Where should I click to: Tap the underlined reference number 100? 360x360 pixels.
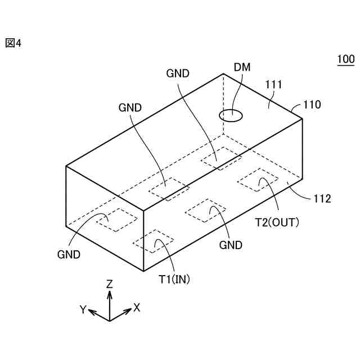click(345, 59)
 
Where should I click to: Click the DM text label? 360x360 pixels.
click(242, 67)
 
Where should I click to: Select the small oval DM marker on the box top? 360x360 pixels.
click(231, 116)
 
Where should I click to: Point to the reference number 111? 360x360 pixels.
click(273, 85)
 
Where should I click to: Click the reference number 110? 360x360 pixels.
click(312, 105)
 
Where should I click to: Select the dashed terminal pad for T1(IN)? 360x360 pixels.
click(154, 240)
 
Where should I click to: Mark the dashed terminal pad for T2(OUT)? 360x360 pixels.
click(258, 180)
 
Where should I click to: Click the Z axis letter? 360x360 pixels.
click(110, 284)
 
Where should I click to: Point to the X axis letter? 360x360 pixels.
click(136, 307)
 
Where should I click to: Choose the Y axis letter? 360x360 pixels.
click(83, 309)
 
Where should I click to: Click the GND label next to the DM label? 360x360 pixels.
click(178, 73)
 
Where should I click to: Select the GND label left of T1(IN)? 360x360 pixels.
click(69, 254)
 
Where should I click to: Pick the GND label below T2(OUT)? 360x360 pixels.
click(231, 245)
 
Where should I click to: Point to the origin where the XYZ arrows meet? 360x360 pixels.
click(110, 320)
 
